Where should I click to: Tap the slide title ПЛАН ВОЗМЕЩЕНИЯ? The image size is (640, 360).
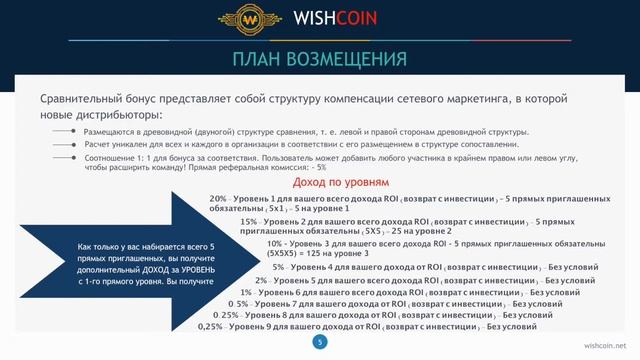[x=320, y=57]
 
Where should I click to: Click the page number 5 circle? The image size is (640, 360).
[x=320, y=342]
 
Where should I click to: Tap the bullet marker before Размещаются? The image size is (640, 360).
[x=71, y=132]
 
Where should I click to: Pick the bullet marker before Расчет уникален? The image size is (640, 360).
[x=71, y=144]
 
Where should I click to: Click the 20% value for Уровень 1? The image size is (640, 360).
[x=219, y=199]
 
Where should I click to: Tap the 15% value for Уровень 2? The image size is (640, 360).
[x=252, y=221]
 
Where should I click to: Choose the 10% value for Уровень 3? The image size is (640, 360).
[x=276, y=243]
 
